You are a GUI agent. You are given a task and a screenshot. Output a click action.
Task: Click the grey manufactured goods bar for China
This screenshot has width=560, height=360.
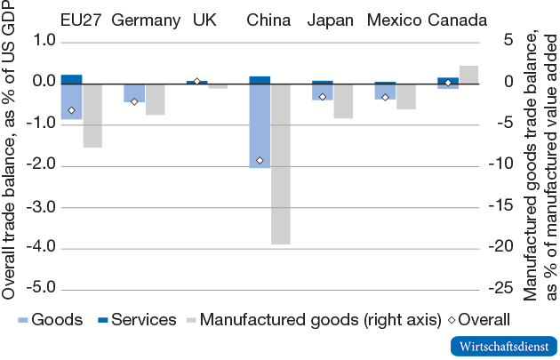[280, 163]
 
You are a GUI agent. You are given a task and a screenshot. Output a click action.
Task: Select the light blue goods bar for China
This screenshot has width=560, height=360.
[260, 125]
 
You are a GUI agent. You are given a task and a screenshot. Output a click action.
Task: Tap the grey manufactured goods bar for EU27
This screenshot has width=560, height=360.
[92, 115]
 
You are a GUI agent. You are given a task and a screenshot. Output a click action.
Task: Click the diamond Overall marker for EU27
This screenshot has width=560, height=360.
[71, 110]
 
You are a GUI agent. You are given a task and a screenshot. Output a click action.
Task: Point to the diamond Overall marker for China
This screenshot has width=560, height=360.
[260, 160]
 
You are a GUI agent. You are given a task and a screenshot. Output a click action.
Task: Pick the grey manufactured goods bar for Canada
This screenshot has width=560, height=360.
[468, 74]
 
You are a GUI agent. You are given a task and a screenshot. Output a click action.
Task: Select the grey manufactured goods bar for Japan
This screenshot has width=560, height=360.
[343, 100]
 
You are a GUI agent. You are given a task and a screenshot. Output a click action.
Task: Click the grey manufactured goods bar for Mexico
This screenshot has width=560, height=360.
[405, 95]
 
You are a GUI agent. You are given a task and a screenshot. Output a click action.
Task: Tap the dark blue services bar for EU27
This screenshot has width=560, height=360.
[71, 78]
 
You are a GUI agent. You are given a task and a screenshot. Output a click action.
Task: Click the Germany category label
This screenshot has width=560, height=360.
[147, 20]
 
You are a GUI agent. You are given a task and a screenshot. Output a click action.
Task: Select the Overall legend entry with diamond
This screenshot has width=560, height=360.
[476, 319]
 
